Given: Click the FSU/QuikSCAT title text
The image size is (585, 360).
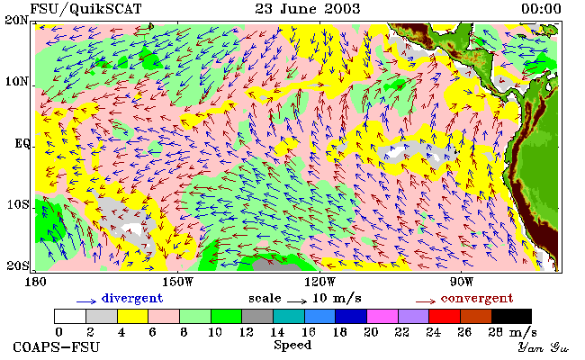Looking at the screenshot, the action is (x=85, y=9).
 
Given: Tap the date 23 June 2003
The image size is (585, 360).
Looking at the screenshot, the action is (x=308, y=9).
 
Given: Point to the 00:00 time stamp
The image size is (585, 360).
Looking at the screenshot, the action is (x=541, y=9).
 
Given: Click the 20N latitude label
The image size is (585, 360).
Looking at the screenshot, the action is (x=16, y=20).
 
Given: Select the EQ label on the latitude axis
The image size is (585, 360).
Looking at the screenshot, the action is (x=22, y=144).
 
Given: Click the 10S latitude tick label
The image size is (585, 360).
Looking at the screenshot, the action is (x=17, y=205).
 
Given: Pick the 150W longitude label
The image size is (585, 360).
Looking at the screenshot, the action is (x=178, y=282).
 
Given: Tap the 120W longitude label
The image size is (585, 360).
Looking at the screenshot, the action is (x=319, y=282).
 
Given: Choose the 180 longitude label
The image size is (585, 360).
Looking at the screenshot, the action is (x=35, y=282).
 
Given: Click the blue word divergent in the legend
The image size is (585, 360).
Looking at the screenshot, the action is (x=132, y=299).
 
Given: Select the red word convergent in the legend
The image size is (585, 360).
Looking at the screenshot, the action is (x=477, y=299).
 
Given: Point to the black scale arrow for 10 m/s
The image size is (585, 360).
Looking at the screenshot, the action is (x=297, y=301).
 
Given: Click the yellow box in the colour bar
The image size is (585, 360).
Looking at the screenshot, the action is (x=132, y=316).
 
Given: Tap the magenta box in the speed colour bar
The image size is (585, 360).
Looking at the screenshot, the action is (x=382, y=316).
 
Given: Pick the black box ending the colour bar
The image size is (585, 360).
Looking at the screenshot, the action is (x=511, y=316).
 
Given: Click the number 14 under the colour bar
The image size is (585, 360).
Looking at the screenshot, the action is (x=277, y=332).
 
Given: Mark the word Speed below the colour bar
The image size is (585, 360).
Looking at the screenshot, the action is (x=292, y=346).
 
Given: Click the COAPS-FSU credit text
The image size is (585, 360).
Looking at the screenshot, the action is (x=57, y=347).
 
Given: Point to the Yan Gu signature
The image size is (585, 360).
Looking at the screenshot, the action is (x=544, y=347).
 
